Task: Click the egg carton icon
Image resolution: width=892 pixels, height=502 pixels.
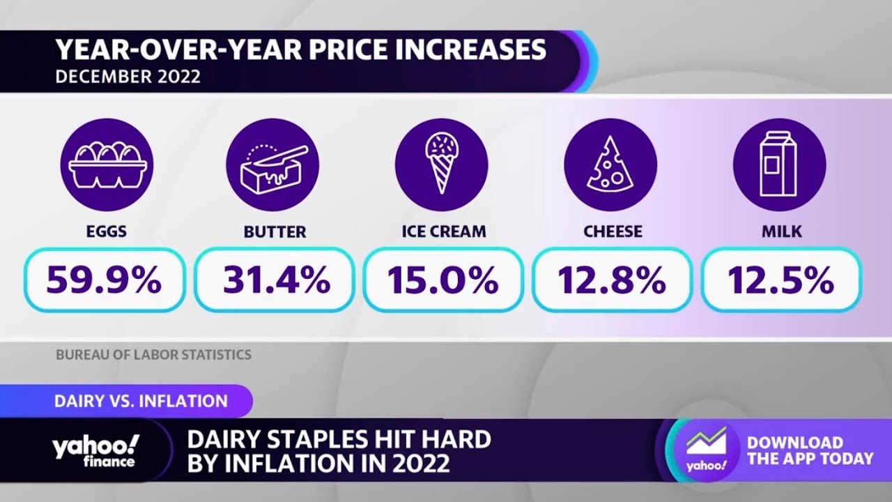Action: (107, 165)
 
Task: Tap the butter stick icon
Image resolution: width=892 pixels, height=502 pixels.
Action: (273, 165)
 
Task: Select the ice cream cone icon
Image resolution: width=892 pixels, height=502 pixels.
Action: (442, 165)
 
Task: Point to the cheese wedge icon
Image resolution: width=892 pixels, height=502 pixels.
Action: (610, 165)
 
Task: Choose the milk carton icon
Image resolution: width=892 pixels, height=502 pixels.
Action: (779, 165)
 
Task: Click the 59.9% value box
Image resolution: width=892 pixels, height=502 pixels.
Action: (105, 280)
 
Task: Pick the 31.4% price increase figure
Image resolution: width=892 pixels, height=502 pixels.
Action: (276, 280)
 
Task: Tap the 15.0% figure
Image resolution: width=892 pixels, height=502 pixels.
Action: (443, 280)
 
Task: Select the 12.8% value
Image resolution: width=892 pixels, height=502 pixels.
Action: (612, 280)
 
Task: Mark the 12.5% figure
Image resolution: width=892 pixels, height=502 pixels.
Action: (781, 280)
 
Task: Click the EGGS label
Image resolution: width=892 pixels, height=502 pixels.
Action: (107, 231)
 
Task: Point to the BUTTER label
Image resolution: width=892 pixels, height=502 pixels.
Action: (275, 231)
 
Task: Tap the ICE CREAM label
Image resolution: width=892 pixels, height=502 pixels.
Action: (444, 231)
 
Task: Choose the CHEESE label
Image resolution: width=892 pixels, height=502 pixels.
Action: (613, 231)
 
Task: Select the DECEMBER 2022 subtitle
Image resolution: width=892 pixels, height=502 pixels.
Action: (128, 76)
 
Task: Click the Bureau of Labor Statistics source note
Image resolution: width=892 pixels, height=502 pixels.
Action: (153, 355)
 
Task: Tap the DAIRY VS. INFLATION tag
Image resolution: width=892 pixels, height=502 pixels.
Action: (141, 401)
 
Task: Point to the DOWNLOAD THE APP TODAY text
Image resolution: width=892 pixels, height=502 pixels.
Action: (810, 450)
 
